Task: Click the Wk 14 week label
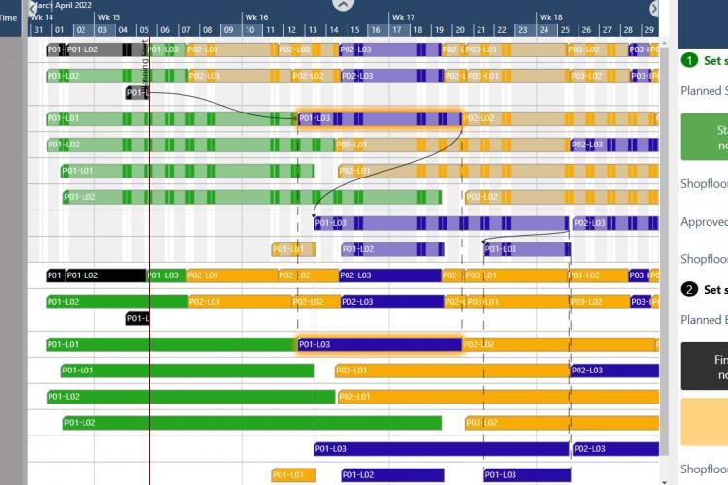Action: click(42, 17)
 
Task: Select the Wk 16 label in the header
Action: click(256, 17)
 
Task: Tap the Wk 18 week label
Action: click(550, 17)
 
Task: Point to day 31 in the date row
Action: click(38, 30)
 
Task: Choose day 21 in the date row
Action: click(481, 30)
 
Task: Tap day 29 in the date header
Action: click(649, 30)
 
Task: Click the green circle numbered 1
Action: click(689, 60)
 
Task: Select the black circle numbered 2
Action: click(689, 289)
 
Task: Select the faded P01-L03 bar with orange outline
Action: click(380, 119)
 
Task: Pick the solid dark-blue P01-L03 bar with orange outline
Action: click(380, 344)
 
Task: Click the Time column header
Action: click(8, 17)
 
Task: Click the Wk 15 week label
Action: click(110, 17)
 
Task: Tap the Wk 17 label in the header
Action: click(403, 17)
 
